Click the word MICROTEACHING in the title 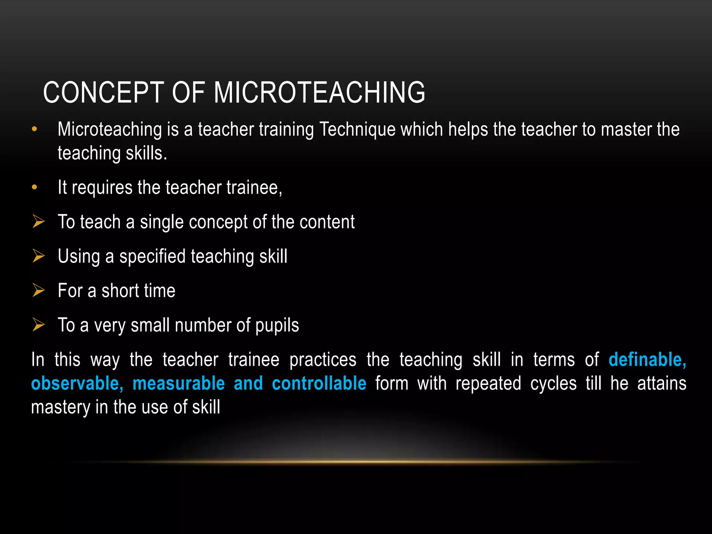point(319,92)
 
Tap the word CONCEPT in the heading point(103,92)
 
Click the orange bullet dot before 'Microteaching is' point(34,129)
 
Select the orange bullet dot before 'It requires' point(34,187)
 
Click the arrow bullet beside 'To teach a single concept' point(39,221)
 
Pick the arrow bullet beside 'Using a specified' point(39,256)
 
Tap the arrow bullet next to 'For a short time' point(39,290)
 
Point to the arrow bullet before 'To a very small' point(39,325)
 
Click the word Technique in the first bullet point(357,130)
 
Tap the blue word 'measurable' point(179,383)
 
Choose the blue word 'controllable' point(319,383)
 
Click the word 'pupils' point(277,326)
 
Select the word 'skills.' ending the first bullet point(146,153)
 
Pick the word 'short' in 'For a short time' point(119,291)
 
